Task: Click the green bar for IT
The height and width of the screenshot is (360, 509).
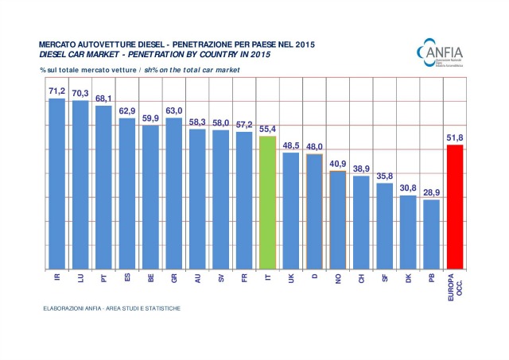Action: point(267,203)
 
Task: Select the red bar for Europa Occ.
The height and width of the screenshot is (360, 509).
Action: point(455,207)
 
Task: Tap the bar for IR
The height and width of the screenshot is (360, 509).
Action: point(56,184)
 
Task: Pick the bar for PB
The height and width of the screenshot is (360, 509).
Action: point(431,234)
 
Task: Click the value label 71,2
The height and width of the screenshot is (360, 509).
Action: point(56,91)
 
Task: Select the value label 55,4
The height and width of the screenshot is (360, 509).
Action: point(267,129)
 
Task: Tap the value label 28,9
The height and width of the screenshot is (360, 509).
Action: point(431,192)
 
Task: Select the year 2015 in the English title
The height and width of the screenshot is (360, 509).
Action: point(255,54)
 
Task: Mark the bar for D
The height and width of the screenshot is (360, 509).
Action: point(314,211)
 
